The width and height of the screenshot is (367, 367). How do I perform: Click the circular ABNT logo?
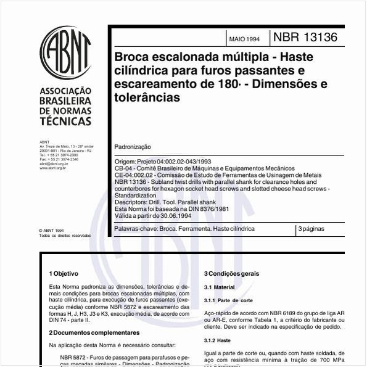(x=65, y=52)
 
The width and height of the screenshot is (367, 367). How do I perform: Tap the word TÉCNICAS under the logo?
(x=65, y=121)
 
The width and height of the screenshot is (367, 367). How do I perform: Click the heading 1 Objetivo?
(x=64, y=273)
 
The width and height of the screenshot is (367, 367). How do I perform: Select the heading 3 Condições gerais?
(x=231, y=273)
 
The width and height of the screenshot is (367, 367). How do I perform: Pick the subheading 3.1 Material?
(x=219, y=287)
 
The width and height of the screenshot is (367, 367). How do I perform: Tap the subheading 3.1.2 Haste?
(x=218, y=340)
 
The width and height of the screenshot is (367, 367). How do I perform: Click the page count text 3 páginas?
(x=311, y=228)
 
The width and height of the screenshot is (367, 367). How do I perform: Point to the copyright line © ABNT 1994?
(x=51, y=230)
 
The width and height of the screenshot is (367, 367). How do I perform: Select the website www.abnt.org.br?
(x=53, y=167)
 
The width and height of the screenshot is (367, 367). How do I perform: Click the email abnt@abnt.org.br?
(x=53, y=163)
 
